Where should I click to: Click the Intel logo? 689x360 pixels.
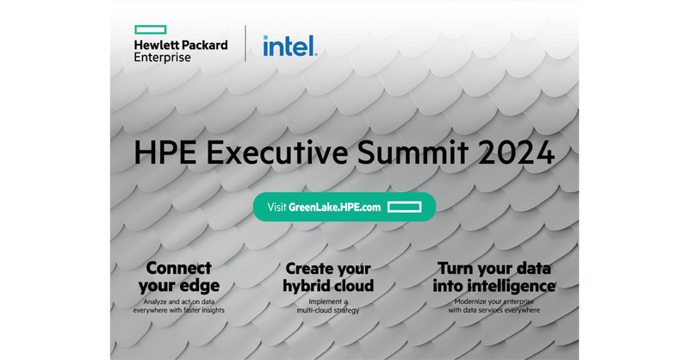[289, 45]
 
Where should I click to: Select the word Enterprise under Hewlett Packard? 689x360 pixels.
[163, 57]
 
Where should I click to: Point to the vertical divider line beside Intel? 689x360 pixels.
[245, 44]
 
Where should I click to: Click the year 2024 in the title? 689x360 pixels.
[518, 153]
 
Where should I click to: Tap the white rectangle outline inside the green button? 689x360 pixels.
[402, 208]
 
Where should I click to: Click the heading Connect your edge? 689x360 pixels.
[182, 276]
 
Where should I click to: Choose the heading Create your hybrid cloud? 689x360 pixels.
[328, 276]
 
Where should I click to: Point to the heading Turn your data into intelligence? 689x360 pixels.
[494, 276]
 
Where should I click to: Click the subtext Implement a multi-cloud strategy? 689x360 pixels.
[328, 306]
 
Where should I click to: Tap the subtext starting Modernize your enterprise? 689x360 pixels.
[494, 306]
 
